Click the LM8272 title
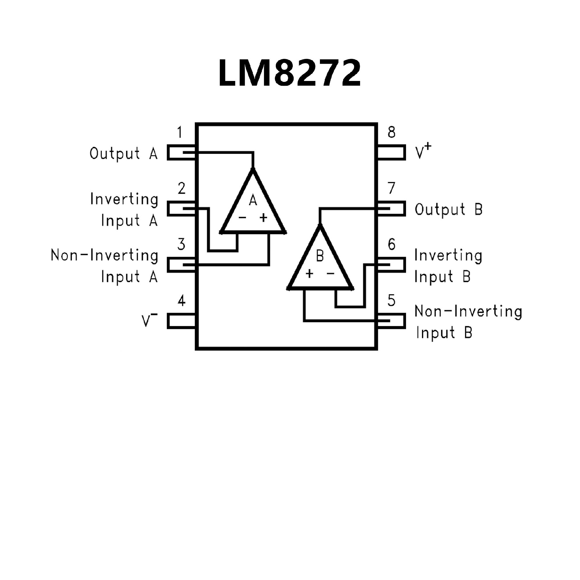tap(289, 73)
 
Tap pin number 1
tap(180, 132)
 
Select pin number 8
tap(391, 132)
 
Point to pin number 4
tap(181, 301)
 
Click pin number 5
tap(391, 300)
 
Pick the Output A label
tap(124, 153)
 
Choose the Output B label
tap(448, 209)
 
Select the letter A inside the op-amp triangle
tap(253, 200)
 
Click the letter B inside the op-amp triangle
tap(320, 256)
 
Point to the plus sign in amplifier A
tap(263, 217)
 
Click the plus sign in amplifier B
tap(309, 274)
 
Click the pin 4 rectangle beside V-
tap(181, 321)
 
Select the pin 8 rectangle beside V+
tap(391, 152)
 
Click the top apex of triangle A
tap(253, 170)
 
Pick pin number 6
tap(391, 244)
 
